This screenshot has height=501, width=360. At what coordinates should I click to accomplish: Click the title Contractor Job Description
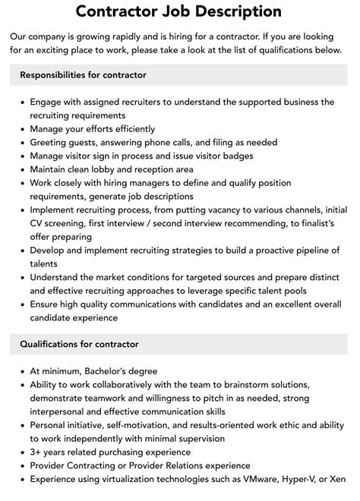[179, 11]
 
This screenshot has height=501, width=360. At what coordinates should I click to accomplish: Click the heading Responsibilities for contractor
[84, 75]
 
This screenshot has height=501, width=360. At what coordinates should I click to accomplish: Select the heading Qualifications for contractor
[80, 344]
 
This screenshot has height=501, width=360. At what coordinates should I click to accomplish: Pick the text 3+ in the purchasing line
[36, 452]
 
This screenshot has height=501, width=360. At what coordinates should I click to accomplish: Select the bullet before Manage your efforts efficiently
[22, 129]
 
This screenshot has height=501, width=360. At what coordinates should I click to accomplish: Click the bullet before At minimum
[22, 371]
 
